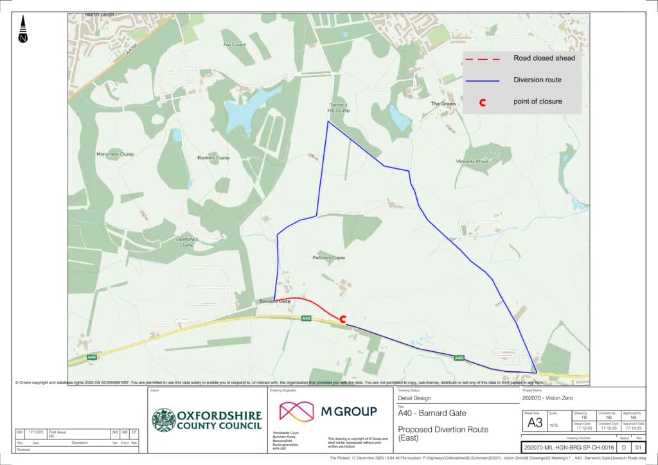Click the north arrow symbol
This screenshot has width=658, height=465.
tap(24, 30)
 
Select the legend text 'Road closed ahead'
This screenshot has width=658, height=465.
tap(544, 58)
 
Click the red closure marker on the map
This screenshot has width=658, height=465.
tap(343, 318)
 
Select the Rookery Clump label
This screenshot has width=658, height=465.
tap(213, 157)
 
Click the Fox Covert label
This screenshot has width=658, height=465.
tap(235, 45)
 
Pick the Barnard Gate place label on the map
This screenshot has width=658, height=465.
tap(275, 301)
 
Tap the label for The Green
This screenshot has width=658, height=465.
tap(443, 103)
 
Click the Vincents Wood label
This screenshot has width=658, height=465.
tap(472, 161)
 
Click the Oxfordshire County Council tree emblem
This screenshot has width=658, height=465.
tap(164, 420)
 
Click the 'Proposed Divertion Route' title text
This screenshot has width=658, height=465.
tap(443, 429)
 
